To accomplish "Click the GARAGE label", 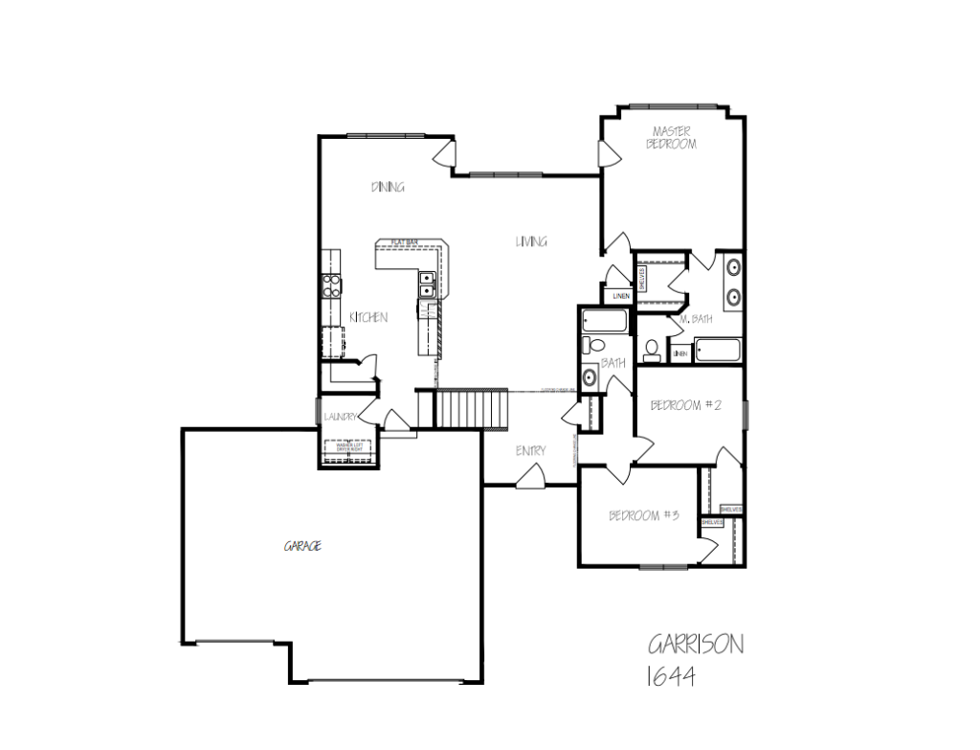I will [x=301, y=546].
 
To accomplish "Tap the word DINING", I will [x=388, y=187].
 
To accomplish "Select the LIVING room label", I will [x=531, y=241].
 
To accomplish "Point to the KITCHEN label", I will [x=367, y=317].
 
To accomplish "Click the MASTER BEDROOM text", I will [x=672, y=137].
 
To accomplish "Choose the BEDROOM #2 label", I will [x=684, y=405].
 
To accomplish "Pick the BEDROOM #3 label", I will [x=644, y=515].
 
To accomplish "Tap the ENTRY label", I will [x=530, y=450].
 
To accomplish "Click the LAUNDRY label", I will [x=340, y=417].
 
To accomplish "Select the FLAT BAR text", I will [x=404, y=242].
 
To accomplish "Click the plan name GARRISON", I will [x=695, y=643].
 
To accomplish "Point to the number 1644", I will [x=671, y=676].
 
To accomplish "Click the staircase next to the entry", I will [x=471, y=409].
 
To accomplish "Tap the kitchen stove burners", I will [x=332, y=284].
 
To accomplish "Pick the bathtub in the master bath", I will [x=717, y=351].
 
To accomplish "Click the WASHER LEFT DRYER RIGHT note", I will [x=347, y=446].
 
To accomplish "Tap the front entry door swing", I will [x=534, y=476].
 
